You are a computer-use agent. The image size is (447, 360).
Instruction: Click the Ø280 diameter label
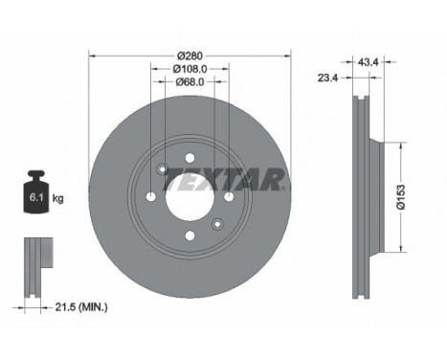[190, 56]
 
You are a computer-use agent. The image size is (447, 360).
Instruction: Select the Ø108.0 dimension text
[190, 69]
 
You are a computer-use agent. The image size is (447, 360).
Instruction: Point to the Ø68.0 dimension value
[190, 82]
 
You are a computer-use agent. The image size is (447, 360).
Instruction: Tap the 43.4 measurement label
[368, 62]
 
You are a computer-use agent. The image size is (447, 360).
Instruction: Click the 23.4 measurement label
[327, 78]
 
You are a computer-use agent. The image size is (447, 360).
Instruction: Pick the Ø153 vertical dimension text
[401, 197]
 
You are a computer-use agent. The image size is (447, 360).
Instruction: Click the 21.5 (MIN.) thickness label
[81, 307]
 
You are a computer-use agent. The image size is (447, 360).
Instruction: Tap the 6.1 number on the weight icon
[36, 197]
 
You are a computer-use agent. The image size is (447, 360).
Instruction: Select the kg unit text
[57, 198]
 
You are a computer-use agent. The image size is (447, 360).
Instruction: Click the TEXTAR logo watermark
[223, 179]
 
